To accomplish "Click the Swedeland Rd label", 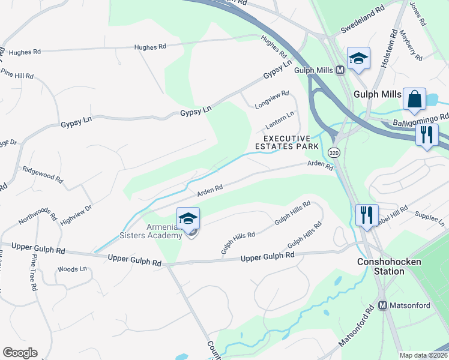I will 362,20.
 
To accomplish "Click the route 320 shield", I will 334,153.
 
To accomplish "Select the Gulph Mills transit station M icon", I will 340,70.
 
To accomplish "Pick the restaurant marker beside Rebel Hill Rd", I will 366,214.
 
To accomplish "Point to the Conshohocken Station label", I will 389,266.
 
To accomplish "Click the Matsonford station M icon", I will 382,305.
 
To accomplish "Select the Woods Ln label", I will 70,269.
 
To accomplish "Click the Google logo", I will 20,353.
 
